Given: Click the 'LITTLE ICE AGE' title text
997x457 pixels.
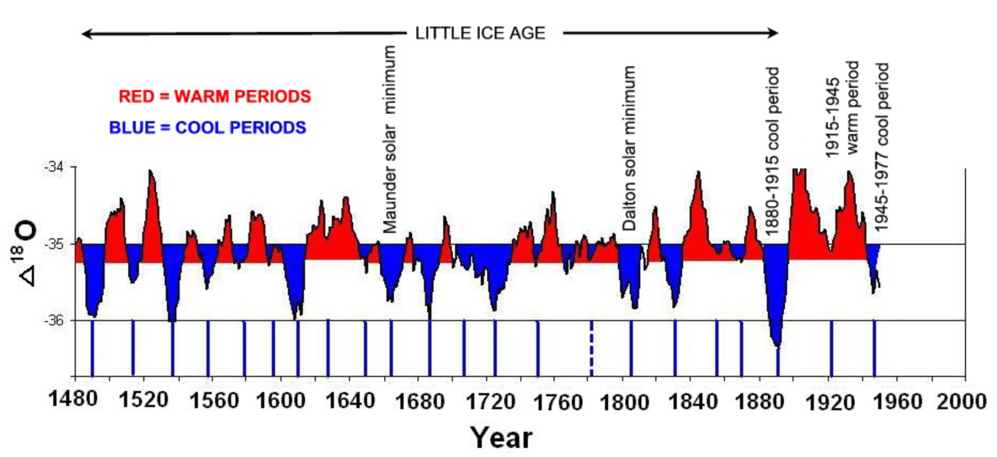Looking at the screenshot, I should (480, 34).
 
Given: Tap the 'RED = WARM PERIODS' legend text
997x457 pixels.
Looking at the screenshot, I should (214, 96).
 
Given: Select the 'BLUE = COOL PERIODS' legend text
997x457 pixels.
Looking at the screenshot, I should (207, 128).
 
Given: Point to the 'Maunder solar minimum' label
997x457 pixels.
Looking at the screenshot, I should (389, 139).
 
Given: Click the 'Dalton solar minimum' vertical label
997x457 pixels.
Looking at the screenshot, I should (629, 149).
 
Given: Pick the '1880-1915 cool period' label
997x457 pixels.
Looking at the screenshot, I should (772, 151).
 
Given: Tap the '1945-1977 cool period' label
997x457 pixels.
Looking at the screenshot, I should (882, 147).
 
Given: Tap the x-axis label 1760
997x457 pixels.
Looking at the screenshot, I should (558, 403).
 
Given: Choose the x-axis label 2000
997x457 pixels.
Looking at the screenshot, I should (961, 402).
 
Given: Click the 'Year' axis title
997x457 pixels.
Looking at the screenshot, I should (501, 438).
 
